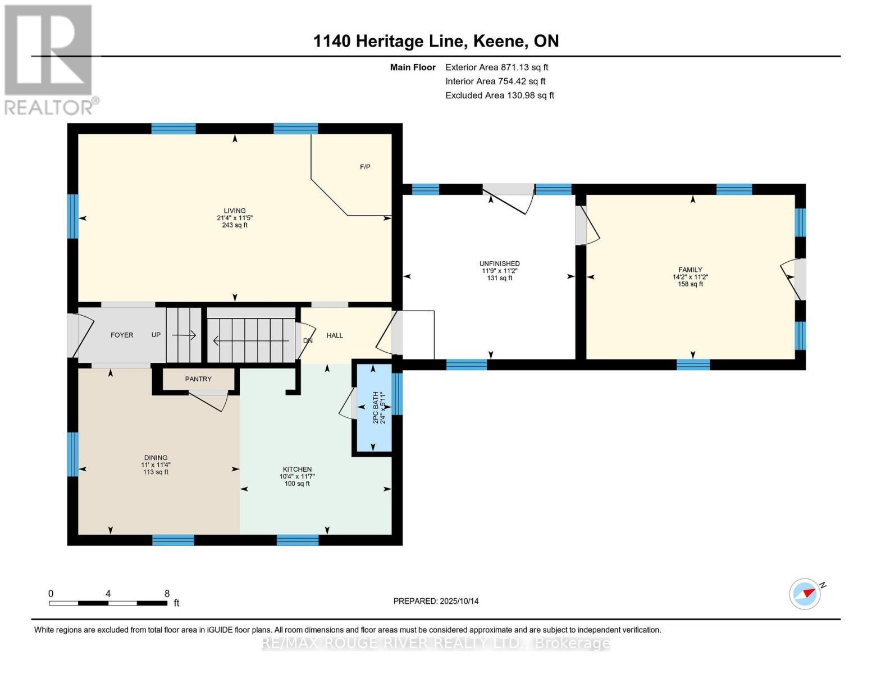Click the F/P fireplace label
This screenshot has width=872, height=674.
pyautogui.click(x=365, y=167)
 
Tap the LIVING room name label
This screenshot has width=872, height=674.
pyautogui.click(x=235, y=211)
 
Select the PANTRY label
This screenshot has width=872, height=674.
pyautogui.click(x=198, y=379)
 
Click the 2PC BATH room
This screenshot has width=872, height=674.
pyautogui.click(x=372, y=408)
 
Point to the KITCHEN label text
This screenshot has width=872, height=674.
pyautogui.click(x=297, y=470)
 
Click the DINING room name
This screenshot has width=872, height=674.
pyautogui.click(x=156, y=458)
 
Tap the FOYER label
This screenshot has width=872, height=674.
pyautogui.click(x=122, y=335)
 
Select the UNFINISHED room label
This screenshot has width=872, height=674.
pyautogui.click(x=499, y=263)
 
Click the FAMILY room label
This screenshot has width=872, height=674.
pyautogui.click(x=690, y=270)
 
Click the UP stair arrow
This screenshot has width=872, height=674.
pyautogui.click(x=184, y=335)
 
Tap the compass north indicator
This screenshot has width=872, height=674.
pyautogui.click(x=806, y=593)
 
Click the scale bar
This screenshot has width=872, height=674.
pyautogui.click(x=108, y=603)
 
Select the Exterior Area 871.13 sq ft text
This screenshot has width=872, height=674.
pyautogui.click(x=496, y=67)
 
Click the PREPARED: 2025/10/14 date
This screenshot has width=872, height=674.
pyautogui.click(x=436, y=601)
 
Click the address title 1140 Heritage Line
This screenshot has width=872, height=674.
pyautogui.click(x=436, y=41)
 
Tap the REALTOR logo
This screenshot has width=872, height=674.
pyautogui.click(x=49, y=59)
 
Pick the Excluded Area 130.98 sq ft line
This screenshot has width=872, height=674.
pyautogui.click(x=499, y=95)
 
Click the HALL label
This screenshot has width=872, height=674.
pyautogui.click(x=335, y=335)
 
